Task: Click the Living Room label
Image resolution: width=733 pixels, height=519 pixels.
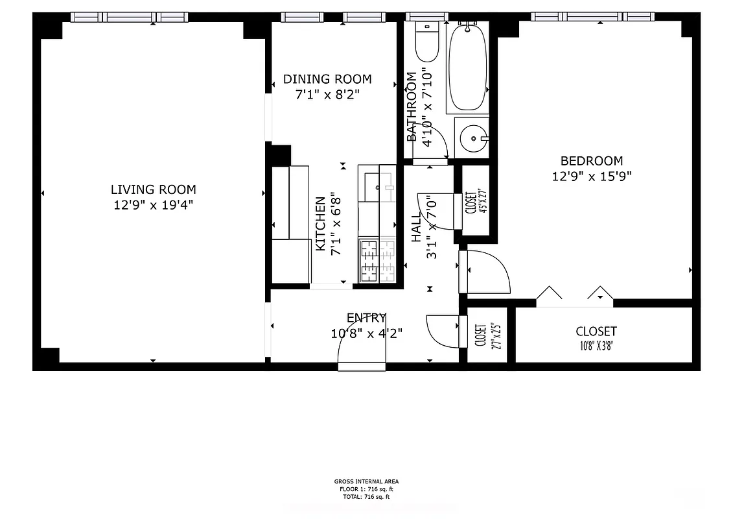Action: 153,189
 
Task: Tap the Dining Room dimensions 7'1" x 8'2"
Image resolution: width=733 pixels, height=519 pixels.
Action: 327,94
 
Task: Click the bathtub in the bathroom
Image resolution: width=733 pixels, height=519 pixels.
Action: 467,67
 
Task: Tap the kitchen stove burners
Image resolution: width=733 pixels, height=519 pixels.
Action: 377,261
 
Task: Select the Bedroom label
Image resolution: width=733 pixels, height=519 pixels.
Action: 591,161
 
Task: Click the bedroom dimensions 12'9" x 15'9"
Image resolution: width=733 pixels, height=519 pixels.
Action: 591,176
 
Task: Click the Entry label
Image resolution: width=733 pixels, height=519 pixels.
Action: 366,318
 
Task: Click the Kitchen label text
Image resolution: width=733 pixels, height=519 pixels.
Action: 320,224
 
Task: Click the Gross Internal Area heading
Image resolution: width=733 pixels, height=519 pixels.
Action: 366,481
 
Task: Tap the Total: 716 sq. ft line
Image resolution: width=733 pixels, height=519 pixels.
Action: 366,497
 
